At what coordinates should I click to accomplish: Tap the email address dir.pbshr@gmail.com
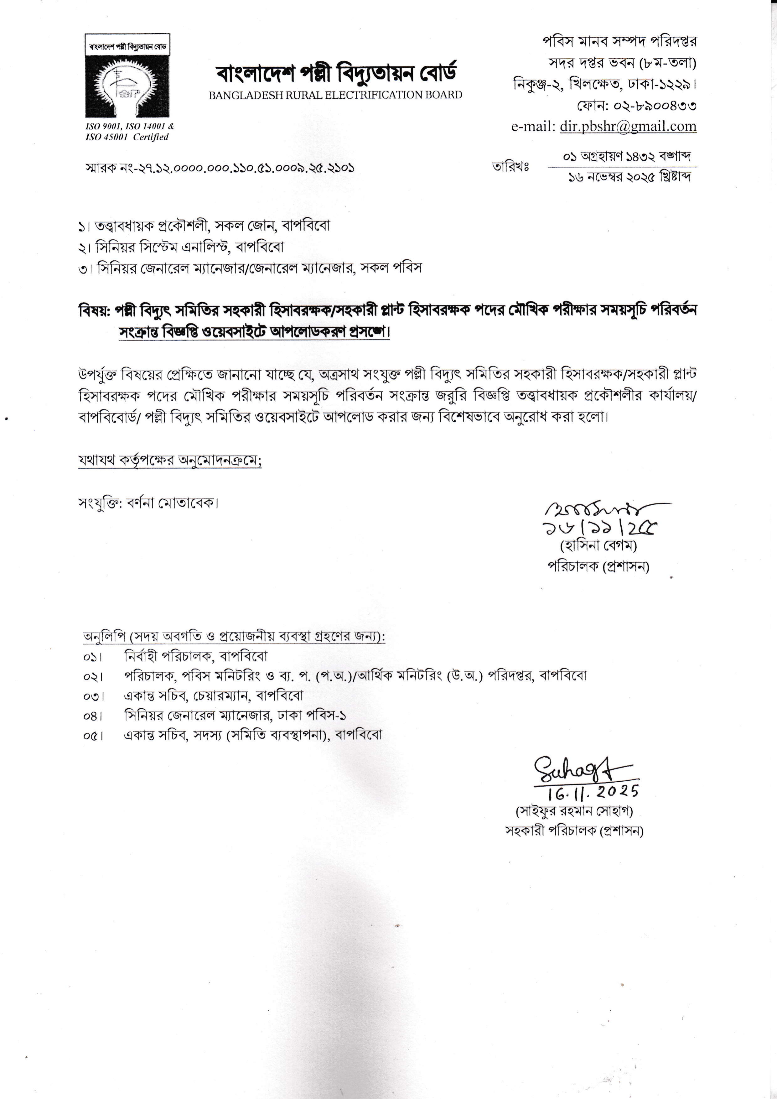click(628, 126)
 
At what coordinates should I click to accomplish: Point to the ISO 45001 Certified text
click(127, 137)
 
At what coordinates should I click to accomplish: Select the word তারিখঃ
click(510, 167)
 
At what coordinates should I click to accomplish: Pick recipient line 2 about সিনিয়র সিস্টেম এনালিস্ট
click(182, 247)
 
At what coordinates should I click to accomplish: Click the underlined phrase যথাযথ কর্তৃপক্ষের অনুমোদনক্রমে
click(170, 461)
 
